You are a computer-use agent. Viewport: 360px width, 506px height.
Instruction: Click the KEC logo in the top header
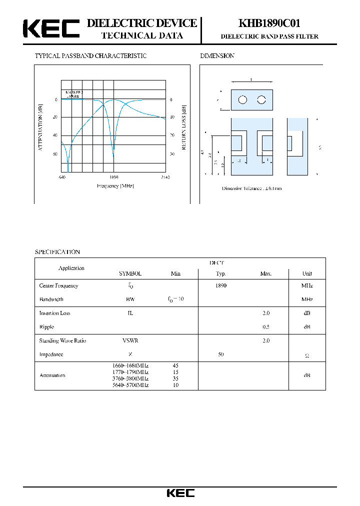click(x=51, y=29)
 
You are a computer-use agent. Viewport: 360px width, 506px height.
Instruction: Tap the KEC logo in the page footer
click(x=180, y=493)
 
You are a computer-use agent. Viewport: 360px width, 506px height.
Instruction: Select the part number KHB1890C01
click(x=269, y=23)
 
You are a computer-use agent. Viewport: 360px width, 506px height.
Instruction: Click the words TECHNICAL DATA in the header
click(x=142, y=35)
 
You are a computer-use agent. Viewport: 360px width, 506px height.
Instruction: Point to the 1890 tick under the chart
click(x=113, y=177)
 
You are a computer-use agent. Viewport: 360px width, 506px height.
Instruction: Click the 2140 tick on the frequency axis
click(x=165, y=177)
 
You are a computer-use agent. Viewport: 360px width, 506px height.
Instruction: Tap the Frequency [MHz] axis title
click(x=115, y=186)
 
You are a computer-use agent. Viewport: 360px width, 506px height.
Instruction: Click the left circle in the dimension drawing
click(x=242, y=99)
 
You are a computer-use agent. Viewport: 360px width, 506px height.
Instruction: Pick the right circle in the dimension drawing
click(x=261, y=99)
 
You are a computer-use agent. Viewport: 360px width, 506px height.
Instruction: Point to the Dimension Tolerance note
click(x=252, y=188)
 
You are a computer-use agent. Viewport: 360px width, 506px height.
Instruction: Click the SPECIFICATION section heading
click(x=57, y=252)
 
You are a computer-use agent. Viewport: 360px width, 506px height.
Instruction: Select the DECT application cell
click(x=216, y=262)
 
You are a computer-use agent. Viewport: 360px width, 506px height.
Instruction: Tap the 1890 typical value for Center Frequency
click(x=220, y=285)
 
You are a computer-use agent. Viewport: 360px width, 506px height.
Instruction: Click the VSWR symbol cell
click(x=130, y=340)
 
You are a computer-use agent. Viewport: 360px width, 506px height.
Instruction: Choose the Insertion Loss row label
click(x=55, y=313)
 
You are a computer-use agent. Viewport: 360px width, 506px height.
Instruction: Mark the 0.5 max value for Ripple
click(x=265, y=326)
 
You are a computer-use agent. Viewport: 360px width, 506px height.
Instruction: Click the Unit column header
click(x=307, y=273)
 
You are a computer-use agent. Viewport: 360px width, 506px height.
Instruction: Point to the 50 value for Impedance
click(x=220, y=354)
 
